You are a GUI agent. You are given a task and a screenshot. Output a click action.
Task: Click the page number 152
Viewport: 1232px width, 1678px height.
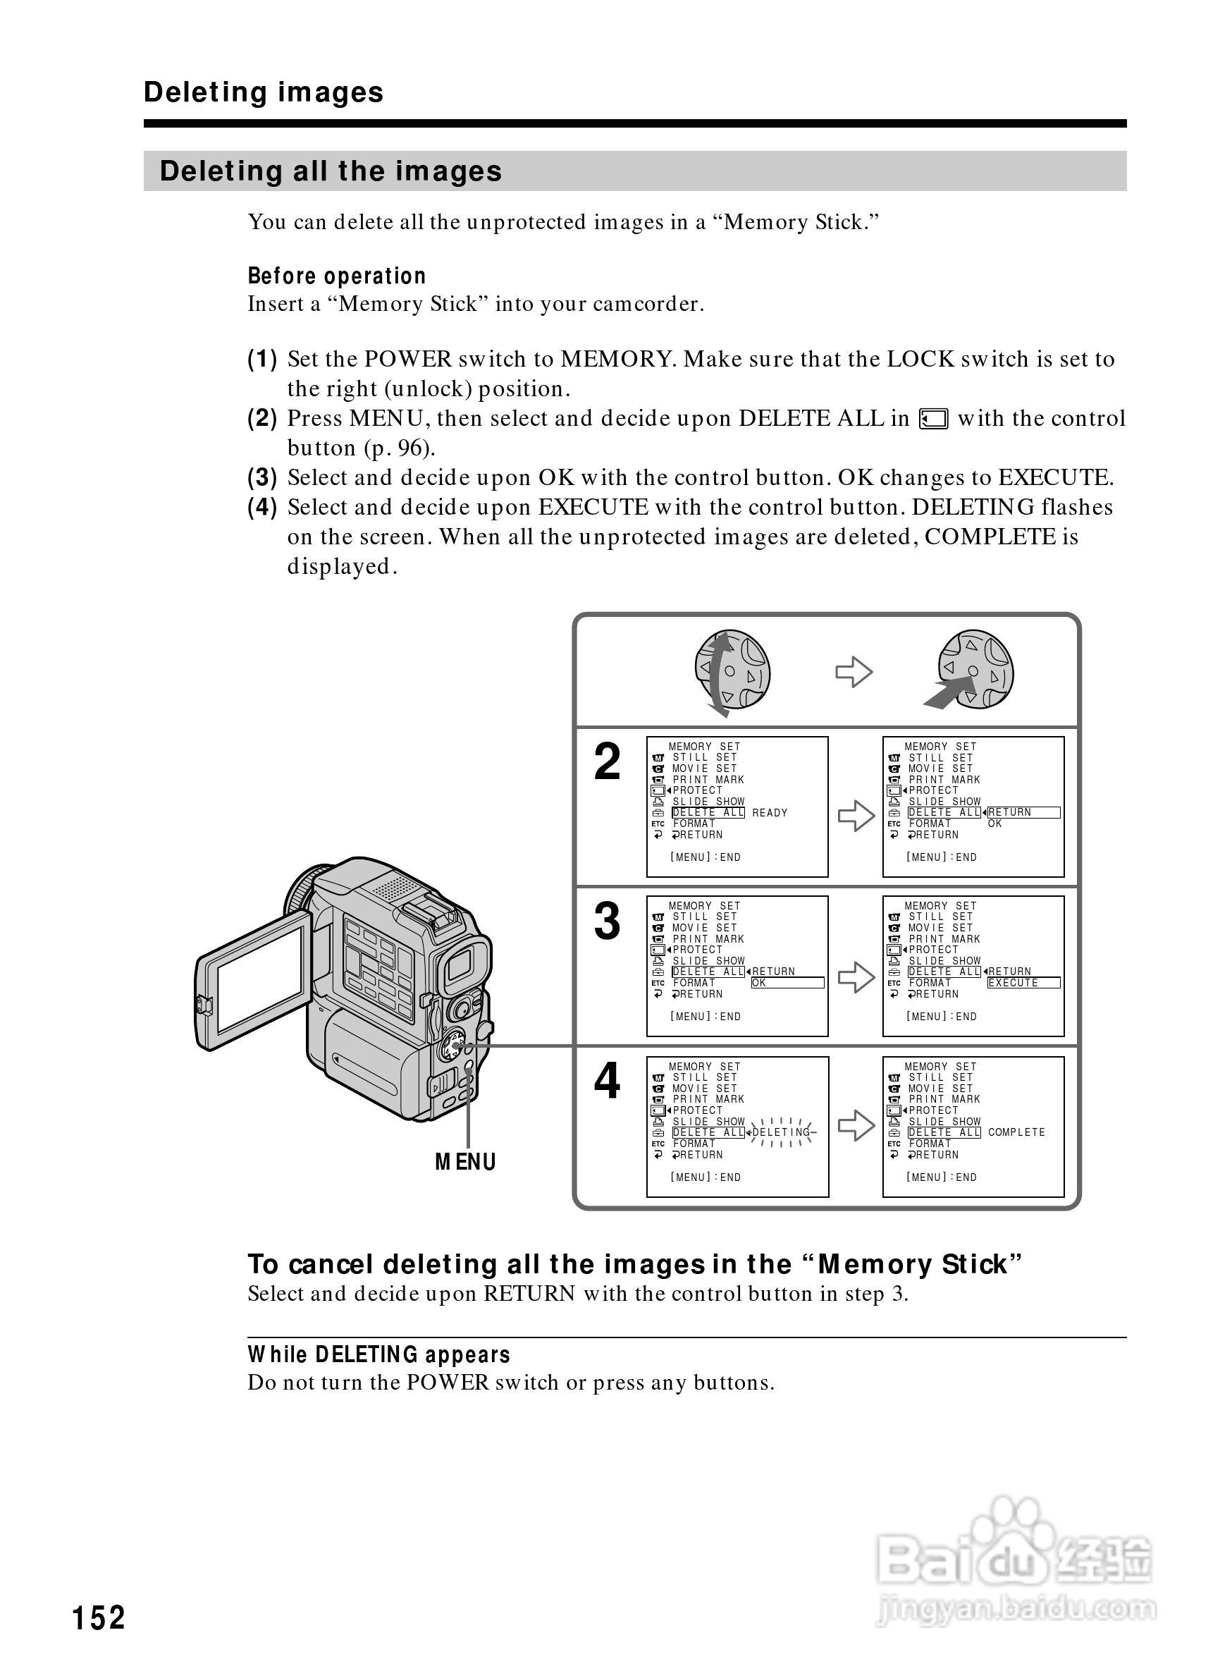tap(99, 1617)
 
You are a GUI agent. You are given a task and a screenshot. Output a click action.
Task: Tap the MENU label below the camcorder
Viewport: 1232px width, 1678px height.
tap(465, 1162)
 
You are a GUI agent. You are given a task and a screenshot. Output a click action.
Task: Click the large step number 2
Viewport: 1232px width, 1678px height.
tap(607, 763)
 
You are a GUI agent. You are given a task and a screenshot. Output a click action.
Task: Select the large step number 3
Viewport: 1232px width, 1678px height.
tap(607, 921)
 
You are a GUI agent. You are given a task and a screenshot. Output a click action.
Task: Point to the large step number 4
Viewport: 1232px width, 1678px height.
tap(607, 1081)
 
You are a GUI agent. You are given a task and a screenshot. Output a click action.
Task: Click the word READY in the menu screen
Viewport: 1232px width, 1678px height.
tap(770, 812)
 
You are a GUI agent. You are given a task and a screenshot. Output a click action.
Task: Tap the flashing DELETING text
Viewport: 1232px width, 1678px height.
tap(781, 1132)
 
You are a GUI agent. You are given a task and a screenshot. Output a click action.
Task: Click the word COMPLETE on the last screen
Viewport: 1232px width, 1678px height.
tap(1016, 1132)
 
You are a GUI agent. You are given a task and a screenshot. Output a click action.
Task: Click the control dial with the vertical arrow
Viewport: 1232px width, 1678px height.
tap(732, 670)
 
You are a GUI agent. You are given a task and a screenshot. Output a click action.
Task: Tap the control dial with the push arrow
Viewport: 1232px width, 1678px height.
tap(975, 669)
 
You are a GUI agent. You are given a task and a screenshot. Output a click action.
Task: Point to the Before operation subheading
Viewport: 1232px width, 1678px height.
tap(336, 276)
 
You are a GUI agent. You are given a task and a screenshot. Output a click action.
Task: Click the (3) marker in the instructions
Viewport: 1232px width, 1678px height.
tap(262, 477)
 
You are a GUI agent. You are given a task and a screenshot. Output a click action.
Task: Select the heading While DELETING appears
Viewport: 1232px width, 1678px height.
tap(379, 1354)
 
